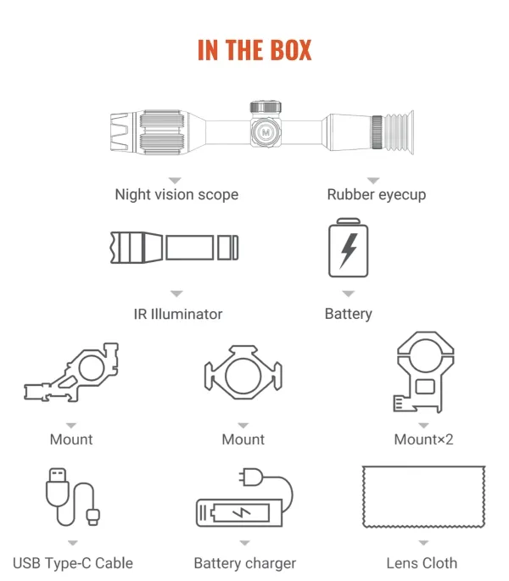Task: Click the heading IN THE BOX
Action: pos(255,50)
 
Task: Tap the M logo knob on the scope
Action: pos(266,132)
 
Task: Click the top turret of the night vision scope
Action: pos(266,107)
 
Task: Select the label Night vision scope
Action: pos(176,194)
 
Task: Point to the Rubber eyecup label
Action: pos(377,194)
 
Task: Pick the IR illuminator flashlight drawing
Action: pos(174,248)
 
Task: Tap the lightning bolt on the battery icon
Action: pos(349,250)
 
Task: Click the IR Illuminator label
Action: pos(178,314)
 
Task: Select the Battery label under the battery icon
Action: pos(349,314)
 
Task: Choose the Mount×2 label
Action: pos(423,439)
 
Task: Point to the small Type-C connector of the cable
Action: pos(93,517)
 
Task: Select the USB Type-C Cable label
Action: pos(73,563)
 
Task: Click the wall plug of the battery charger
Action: pos(251,477)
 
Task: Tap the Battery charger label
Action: pos(245,563)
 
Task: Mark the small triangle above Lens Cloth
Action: pos(423,543)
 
